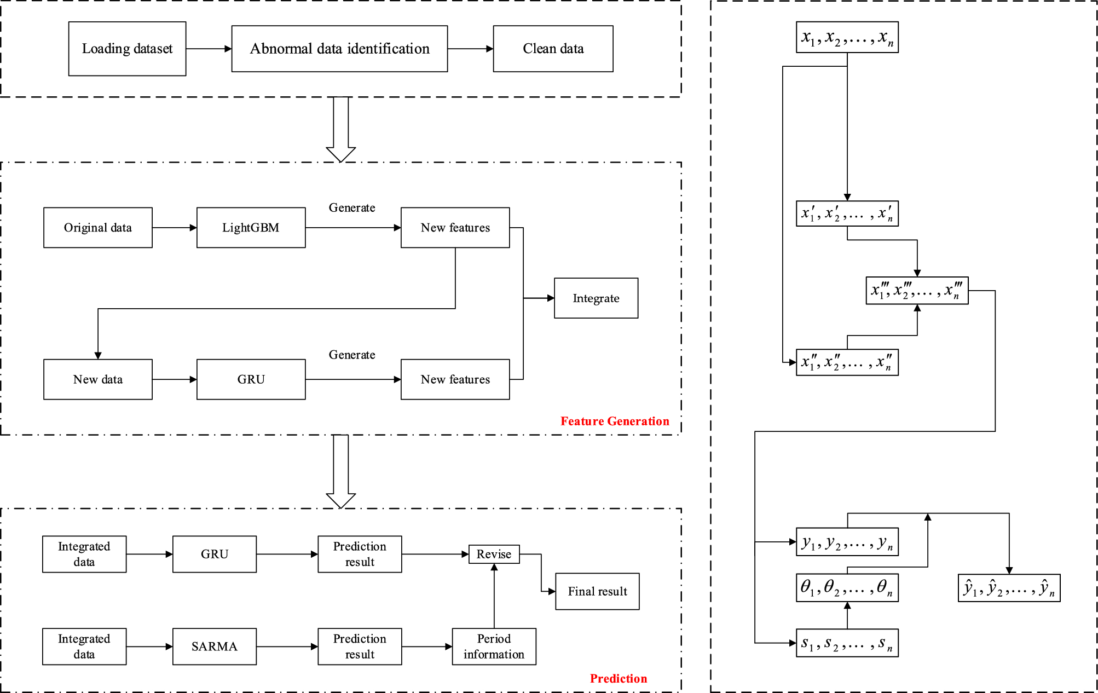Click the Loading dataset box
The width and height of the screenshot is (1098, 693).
(x=127, y=49)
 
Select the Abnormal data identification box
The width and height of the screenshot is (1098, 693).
(x=339, y=49)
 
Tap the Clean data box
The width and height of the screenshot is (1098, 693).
(x=553, y=49)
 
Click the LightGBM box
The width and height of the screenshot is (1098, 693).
(x=251, y=228)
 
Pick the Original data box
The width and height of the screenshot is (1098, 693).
(x=98, y=228)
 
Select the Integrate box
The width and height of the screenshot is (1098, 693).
(x=596, y=298)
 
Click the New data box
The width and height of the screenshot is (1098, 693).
(x=98, y=379)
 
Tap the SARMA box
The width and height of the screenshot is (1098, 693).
(x=215, y=646)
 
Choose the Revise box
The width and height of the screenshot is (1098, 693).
(x=494, y=554)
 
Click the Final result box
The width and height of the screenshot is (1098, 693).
(x=597, y=591)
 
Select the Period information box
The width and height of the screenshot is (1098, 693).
(x=494, y=646)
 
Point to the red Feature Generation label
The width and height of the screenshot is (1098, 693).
(x=614, y=421)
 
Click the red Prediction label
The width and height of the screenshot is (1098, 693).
(x=618, y=678)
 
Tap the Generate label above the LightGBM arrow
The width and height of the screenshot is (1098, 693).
(x=352, y=208)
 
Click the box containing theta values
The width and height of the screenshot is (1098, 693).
(x=847, y=588)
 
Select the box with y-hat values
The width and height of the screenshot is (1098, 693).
(x=1009, y=588)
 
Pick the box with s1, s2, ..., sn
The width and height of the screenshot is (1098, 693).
(x=847, y=643)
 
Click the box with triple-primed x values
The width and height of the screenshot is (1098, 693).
(x=917, y=291)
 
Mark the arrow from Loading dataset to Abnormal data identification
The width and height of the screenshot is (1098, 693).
(x=209, y=49)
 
